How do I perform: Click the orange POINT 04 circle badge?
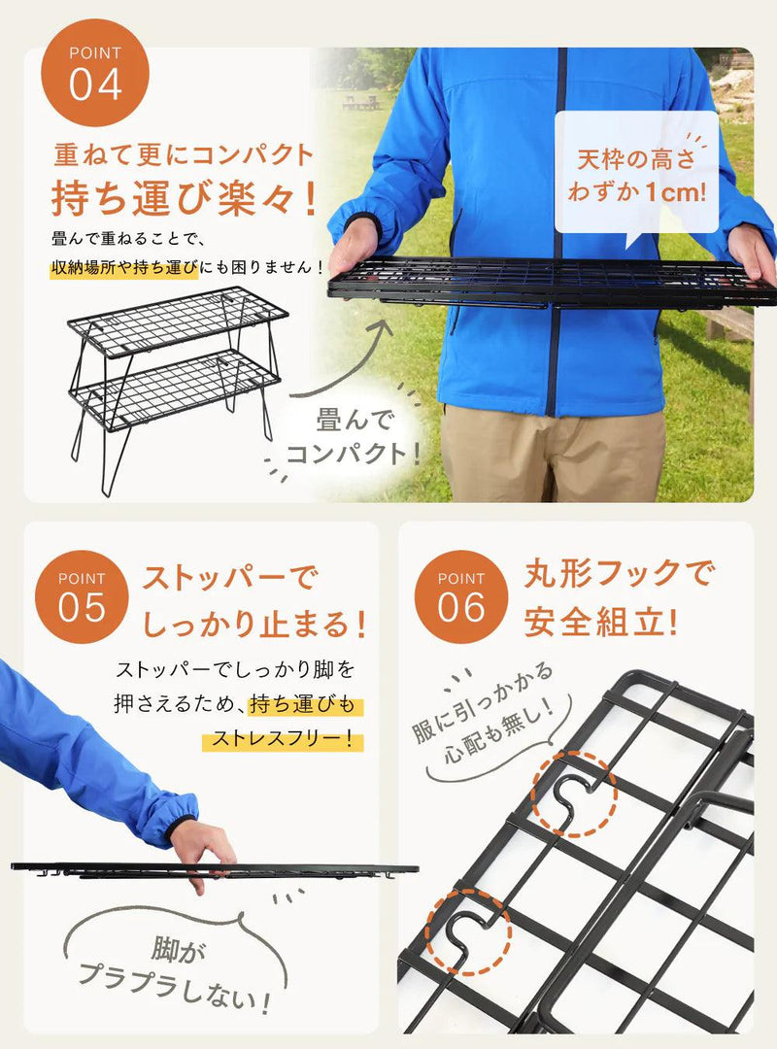point(95,73)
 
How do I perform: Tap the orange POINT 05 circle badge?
point(82,596)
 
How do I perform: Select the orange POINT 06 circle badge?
point(461,596)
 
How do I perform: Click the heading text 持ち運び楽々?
point(184,198)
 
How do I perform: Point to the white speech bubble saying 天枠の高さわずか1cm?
point(636,175)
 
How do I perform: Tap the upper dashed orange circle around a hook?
point(574,794)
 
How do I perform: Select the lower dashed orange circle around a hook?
point(470,931)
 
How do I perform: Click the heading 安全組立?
point(601,622)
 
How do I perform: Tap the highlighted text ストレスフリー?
point(283,739)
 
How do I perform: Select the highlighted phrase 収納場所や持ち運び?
point(125,268)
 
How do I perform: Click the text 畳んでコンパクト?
point(354,437)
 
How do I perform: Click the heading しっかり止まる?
point(255,624)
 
